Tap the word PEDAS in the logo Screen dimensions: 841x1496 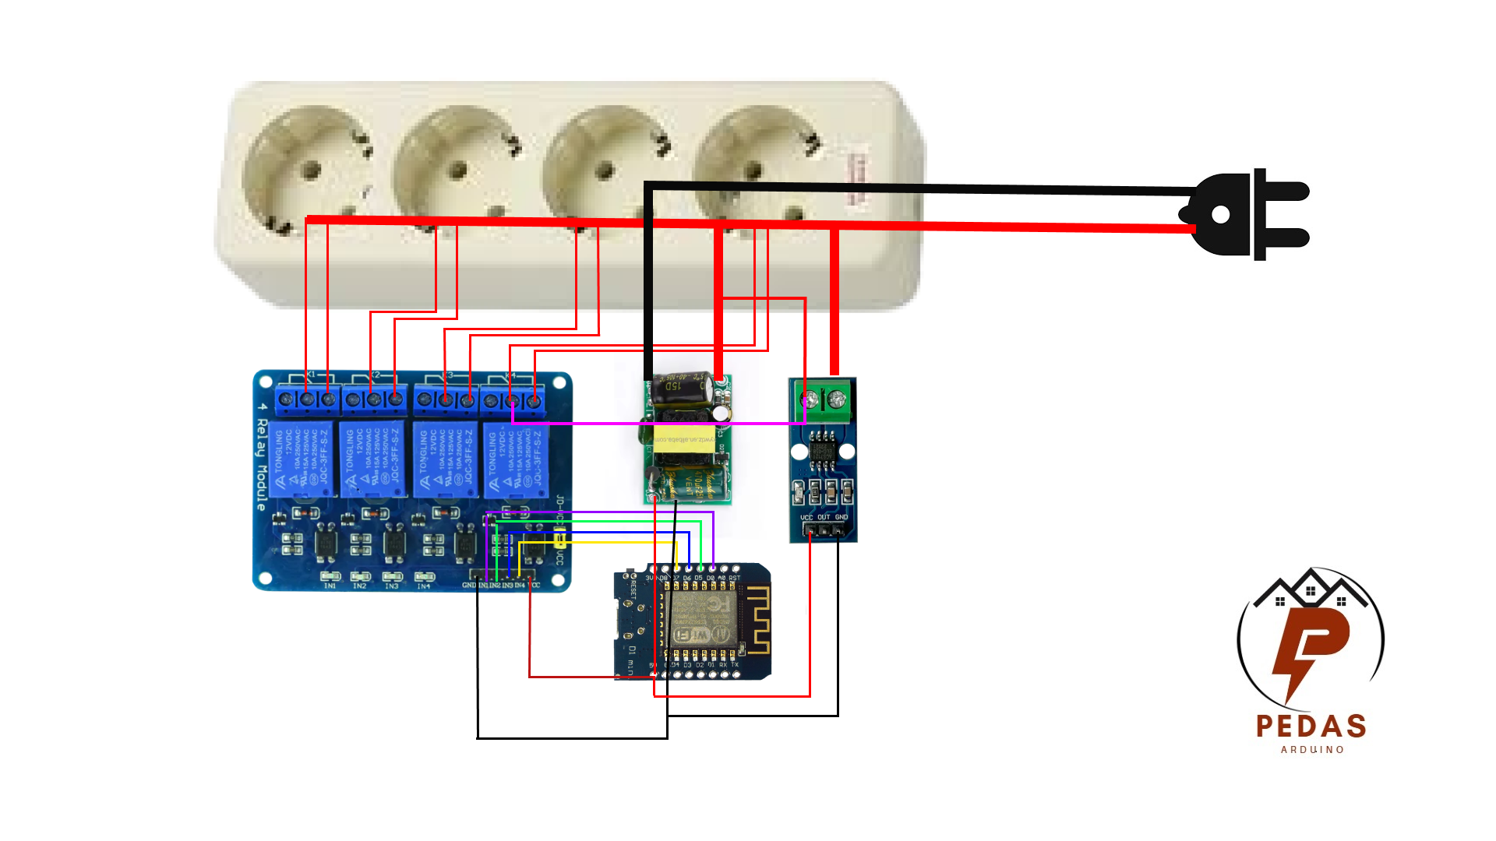[x=1311, y=727]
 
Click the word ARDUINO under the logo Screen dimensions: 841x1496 [x=1313, y=750]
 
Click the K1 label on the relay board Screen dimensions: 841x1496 [x=311, y=375]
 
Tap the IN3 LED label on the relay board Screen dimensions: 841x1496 [x=391, y=586]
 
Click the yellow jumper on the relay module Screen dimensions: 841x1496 [x=559, y=538]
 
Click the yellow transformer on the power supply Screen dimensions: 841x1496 [x=683, y=441]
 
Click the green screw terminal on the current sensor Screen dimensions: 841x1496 [x=824, y=401]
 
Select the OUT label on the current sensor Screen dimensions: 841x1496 [x=824, y=517]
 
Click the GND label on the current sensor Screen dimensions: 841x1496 [x=841, y=517]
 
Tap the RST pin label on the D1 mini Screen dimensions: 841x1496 [x=734, y=578]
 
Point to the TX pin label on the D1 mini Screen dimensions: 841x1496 [x=735, y=665]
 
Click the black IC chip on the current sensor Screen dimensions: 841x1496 [x=822, y=452]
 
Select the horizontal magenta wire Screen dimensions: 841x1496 [x=658, y=424]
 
